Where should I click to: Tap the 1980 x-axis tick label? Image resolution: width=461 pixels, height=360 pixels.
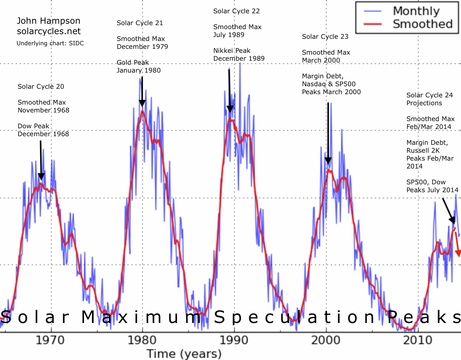[x=143, y=340]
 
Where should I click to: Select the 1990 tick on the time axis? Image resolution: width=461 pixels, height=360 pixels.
[x=234, y=340]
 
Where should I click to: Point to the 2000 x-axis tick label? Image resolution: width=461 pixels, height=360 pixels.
[x=326, y=340]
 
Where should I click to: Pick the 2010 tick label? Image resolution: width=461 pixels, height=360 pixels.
[x=418, y=340]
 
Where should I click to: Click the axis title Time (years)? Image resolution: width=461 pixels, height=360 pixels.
[x=184, y=354]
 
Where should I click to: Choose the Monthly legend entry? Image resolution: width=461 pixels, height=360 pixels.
[x=416, y=11]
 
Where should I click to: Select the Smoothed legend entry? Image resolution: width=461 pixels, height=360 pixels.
[x=422, y=24]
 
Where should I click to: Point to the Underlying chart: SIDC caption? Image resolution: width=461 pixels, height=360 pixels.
[x=50, y=43]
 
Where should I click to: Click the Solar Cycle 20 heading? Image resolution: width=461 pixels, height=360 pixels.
[x=41, y=87]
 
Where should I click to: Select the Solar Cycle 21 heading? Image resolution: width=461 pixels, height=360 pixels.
[x=140, y=23]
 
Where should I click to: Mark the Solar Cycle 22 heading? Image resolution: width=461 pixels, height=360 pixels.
[x=236, y=11]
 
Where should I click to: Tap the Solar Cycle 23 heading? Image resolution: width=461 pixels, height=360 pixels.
[x=325, y=37]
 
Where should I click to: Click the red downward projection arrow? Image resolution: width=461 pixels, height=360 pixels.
[x=457, y=245]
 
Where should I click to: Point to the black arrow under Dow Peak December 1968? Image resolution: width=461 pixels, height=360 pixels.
[x=41, y=160]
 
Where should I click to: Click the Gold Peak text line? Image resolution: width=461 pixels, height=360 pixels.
[x=132, y=63]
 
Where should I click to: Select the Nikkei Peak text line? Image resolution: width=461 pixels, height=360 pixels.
[x=232, y=51]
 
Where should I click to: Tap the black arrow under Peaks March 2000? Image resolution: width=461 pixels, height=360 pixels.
[x=328, y=133]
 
